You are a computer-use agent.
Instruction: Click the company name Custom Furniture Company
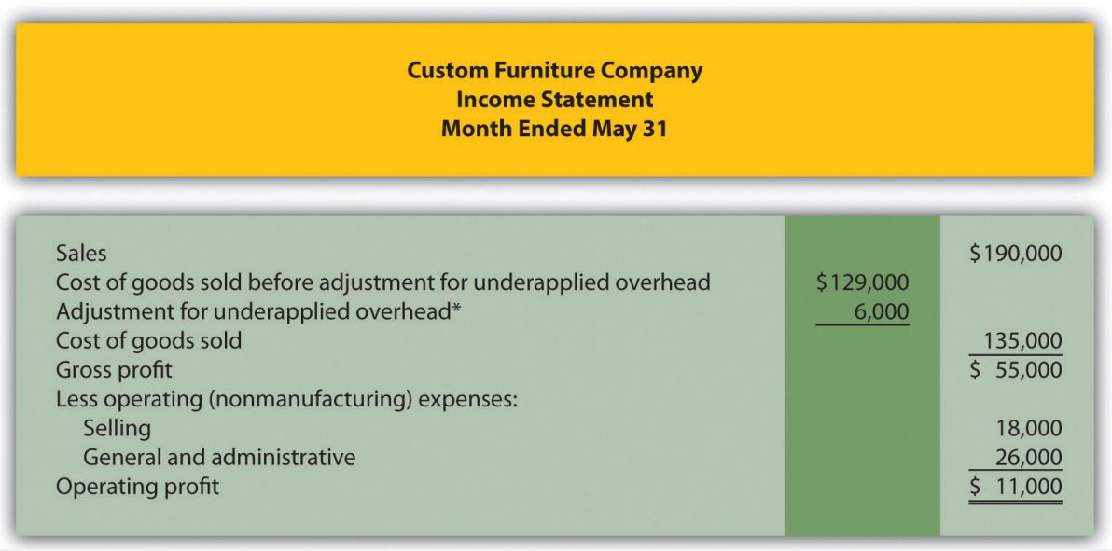pyautogui.click(x=555, y=70)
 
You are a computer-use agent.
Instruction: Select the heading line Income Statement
pyautogui.click(x=554, y=99)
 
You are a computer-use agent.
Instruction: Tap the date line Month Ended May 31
pyautogui.click(x=554, y=129)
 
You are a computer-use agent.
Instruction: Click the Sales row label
pyautogui.click(x=81, y=253)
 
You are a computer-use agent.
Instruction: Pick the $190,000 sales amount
pyautogui.click(x=1016, y=254)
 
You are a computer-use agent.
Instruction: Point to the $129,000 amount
pyautogui.click(x=862, y=282)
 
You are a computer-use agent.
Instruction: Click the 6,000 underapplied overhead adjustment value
pyautogui.click(x=882, y=312)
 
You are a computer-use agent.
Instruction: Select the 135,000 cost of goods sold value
pyautogui.click(x=1023, y=341)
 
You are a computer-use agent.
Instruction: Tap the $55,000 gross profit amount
pyautogui.click(x=1016, y=370)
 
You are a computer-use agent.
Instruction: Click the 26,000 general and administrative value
pyautogui.click(x=1028, y=458)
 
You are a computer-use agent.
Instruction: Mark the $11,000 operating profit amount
pyautogui.click(x=1016, y=488)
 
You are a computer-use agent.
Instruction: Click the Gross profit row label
pyautogui.click(x=114, y=370)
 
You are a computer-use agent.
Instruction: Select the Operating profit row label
pyautogui.click(x=137, y=488)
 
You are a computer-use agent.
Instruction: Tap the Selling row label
pyautogui.click(x=117, y=428)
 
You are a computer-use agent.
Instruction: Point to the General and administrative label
pyautogui.click(x=219, y=458)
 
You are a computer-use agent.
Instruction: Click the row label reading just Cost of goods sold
pyautogui.click(x=149, y=341)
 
